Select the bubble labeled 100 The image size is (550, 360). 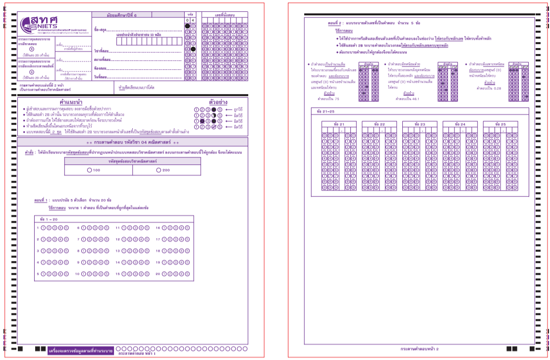[x=89, y=170]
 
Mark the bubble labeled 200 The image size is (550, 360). [x=159, y=170]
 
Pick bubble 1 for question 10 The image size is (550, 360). [x=84, y=273]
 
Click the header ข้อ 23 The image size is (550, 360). [x=419, y=124]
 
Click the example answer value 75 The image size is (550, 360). [x=328, y=99]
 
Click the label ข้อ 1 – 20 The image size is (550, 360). [x=49, y=218]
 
